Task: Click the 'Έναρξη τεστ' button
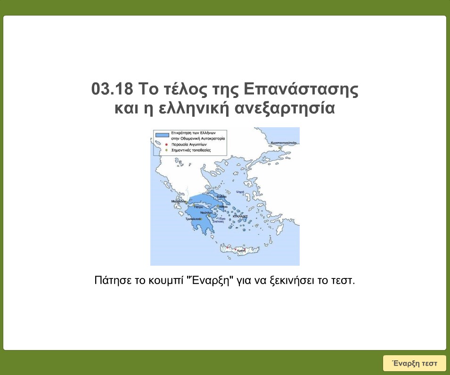pyautogui.click(x=414, y=363)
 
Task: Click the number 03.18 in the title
pyautogui.click(x=111, y=89)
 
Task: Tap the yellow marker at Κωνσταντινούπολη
pyautogui.click(x=279, y=147)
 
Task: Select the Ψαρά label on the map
pyautogui.click(x=240, y=192)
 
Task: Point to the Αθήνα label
pyautogui.click(x=223, y=206)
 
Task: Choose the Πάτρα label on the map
pyautogui.click(x=198, y=207)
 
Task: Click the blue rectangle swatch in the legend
pyautogui.click(x=162, y=135)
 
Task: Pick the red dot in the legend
pyautogui.click(x=166, y=145)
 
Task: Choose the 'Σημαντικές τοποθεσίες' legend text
pyautogui.click(x=190, y=150)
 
